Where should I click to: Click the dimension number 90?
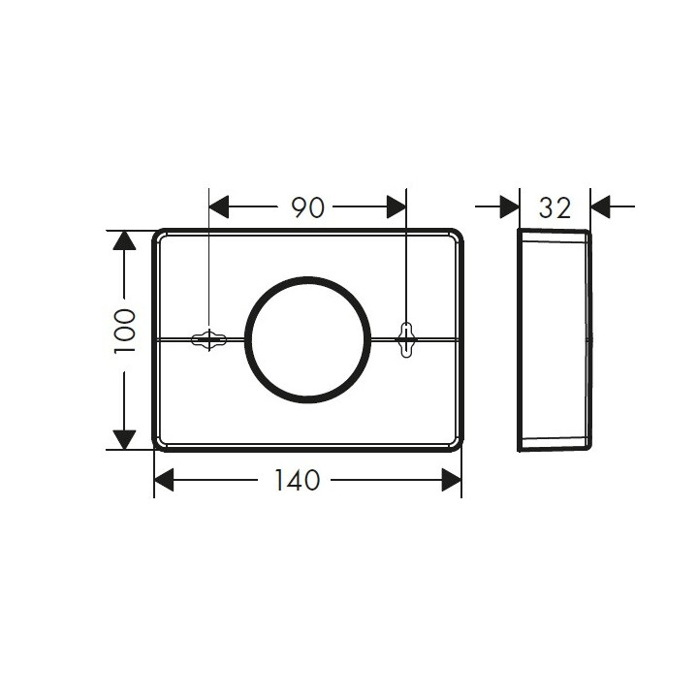(x=307, y=207)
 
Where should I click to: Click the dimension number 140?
(x=298, y=480)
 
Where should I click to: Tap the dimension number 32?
(x=555, y=206)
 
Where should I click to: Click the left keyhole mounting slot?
(x=208, y=339)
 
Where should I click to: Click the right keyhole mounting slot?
(x=406, y=339)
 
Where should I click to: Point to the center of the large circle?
(x=307, y=339)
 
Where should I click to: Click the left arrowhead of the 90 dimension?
(x=219, y=207)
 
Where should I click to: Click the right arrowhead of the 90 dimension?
(x=396, y=207)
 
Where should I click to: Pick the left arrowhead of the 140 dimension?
(x=164, y=480)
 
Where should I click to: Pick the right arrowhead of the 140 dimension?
(x=451, y=480)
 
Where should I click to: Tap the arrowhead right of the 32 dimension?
(x=600, y=206)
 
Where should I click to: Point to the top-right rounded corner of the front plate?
(x=455, y=237)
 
